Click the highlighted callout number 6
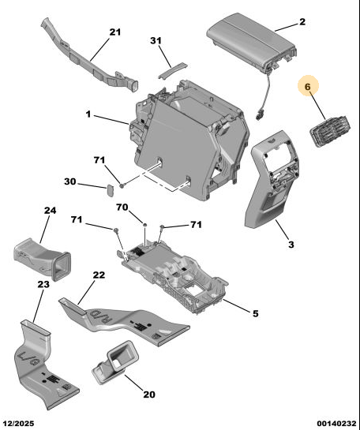click(308, 87)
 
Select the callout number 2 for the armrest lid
click(302, 21)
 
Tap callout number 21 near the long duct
click(115, 32)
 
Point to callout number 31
click(156, 41)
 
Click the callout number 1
click(88, 114)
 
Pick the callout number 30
click(70, 181)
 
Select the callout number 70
click(122, 207)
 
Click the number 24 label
click(51, 211)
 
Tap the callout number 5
click(256, 313)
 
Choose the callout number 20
click(149, 394)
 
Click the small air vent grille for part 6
click(330, 130)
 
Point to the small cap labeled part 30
click(111, 190)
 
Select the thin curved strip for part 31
click(173, 70)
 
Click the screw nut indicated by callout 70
click(144, 225)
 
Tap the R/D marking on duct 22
click(101, 316)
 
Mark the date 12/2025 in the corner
click(19, 424)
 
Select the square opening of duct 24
click(61, 266)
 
